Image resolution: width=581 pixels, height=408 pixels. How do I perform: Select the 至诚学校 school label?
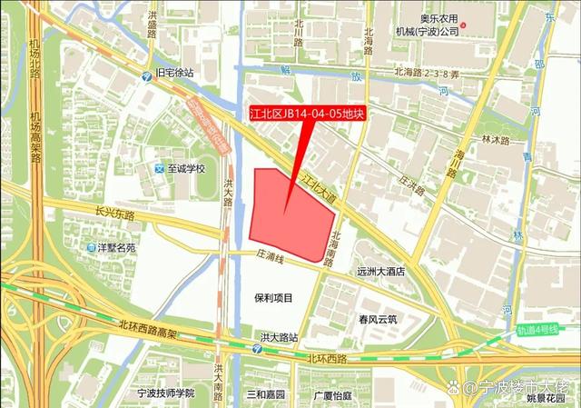[187, 168]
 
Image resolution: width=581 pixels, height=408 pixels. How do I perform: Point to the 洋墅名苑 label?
[117, 246]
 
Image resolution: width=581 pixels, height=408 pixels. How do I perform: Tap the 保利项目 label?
[275, 298]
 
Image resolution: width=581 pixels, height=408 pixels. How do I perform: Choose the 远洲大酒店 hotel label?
[379, 271]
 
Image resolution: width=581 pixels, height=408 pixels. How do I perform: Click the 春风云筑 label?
[378, 319]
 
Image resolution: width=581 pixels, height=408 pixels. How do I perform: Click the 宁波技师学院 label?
[165, 393]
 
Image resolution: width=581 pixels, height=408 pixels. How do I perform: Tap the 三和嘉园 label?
[266, 394]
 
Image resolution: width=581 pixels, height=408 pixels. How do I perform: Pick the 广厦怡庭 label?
[332, 394]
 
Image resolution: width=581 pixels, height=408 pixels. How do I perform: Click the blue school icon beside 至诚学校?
[160, 168]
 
